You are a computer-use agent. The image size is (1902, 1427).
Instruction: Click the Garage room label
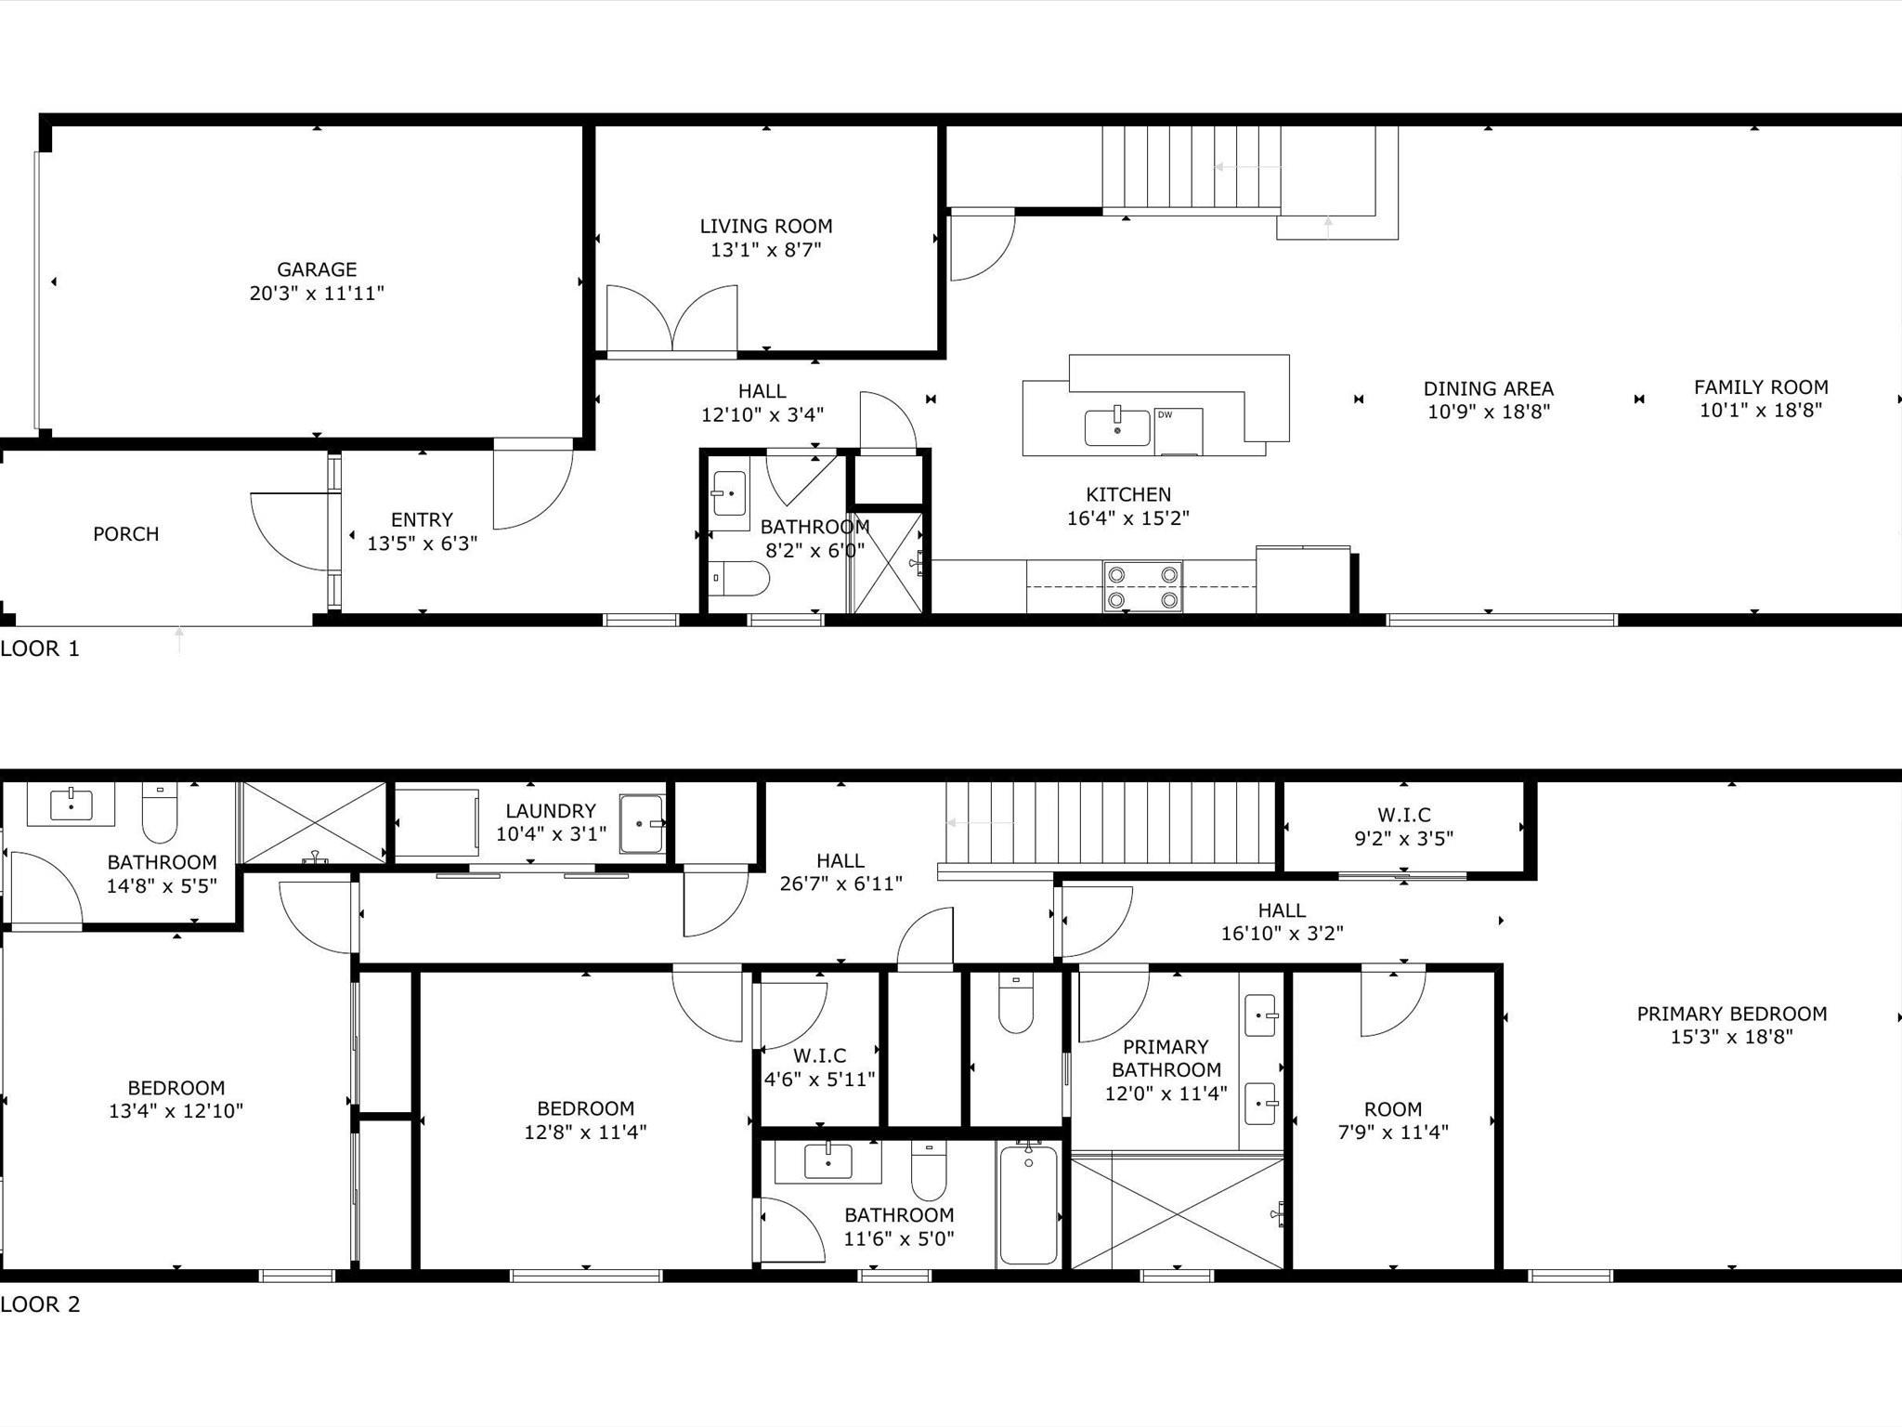click(317, 269)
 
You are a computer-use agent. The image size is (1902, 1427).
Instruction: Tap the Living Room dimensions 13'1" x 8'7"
click(766, 250)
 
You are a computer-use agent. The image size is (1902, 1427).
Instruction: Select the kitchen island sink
click(1117, 427)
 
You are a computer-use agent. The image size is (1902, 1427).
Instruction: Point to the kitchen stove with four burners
click(1142, 586)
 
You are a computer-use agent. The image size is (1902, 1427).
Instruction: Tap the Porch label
click(126, 534)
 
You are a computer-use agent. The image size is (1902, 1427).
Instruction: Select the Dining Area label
click(1489, 388)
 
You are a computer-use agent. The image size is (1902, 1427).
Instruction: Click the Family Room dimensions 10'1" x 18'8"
click(1761, 411)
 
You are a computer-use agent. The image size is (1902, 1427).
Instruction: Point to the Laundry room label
click(551, 811)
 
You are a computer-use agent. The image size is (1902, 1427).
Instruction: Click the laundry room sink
click(643, 823)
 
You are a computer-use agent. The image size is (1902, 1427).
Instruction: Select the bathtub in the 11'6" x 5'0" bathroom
click(1028, 1204)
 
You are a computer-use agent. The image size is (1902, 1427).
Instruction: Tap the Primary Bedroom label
click(1732, 1014)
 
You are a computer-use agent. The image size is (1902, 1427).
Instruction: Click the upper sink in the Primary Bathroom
click(1261, 1015)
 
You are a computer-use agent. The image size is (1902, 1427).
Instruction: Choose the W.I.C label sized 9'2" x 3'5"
click(1404, 815)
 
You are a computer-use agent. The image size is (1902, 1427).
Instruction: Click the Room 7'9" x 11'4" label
click(1393, 1109)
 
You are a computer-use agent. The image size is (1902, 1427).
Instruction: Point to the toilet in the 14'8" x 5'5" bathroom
click(160, 813)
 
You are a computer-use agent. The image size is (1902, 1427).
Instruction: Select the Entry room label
click(423, 520)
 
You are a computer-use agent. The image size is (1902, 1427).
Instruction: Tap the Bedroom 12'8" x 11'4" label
click(586, 1108)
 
